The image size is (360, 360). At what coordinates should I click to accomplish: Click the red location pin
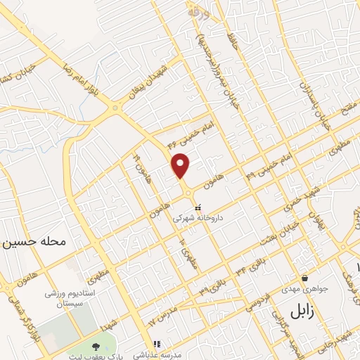tap(181, 165)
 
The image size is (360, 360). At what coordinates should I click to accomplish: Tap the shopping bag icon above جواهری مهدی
tap(304, 278)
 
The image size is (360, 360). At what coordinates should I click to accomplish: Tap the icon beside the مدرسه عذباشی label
tap(158, 344)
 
